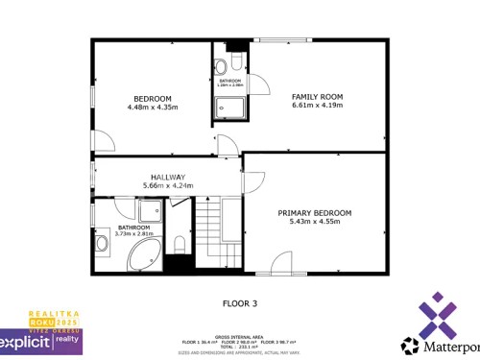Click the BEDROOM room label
coord(153,99)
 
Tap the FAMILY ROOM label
coord(317,97)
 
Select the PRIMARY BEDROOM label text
coord(315,212)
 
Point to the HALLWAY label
coord(164,177)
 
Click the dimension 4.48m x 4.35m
coord(153,108)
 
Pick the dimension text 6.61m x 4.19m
coord(317,106)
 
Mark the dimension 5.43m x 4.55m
coord(315,221)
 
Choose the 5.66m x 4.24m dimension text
coord(164,185)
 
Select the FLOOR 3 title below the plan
coord(240,303)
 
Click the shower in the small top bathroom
coord(228,108)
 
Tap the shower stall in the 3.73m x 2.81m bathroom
coord(150,211)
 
